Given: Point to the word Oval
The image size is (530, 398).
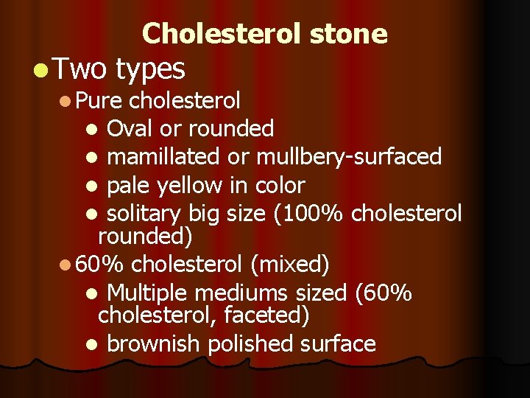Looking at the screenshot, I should (x=130, y=128).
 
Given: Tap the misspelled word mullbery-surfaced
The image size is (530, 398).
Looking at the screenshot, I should (x=349, y=157).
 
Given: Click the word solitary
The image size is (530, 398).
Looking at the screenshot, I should (x=145, y=214).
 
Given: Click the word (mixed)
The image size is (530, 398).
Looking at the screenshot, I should (x=289, y=263).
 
